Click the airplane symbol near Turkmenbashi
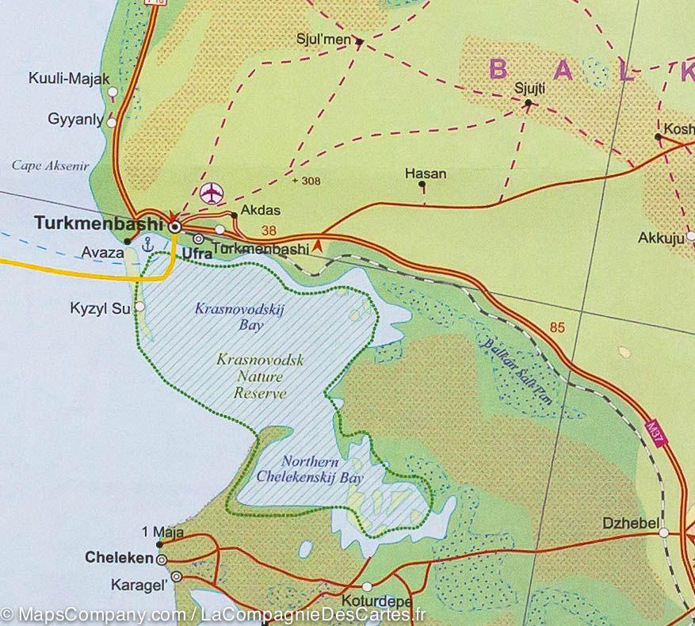(x=212, y=192)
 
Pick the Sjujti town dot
(x=528, y=102)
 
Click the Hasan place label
(x=425, y=174)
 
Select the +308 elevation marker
(x=306, y=181)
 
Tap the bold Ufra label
(x=197, y=254)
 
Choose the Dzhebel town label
(x=629, y=523)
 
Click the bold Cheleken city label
(x=118, y=558)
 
